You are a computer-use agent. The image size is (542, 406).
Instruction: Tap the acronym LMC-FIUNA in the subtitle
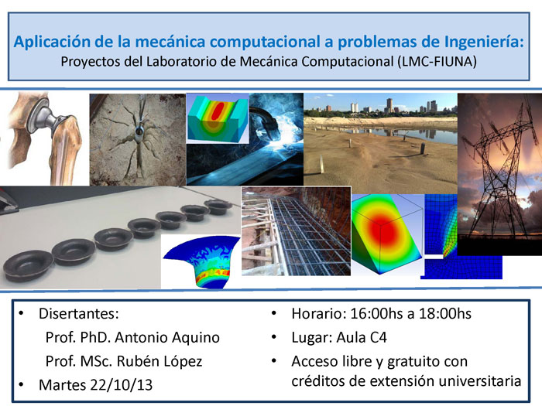tap(437, 61)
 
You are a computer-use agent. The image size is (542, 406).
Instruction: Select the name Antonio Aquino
tap(167, 337)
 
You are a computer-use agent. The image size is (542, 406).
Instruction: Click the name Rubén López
tap(160, 361)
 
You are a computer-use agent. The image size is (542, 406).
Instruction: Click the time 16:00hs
tap(376, 313)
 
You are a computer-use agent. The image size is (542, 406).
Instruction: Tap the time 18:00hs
tap(445, 313)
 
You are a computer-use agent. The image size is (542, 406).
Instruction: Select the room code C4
tap(379, 337)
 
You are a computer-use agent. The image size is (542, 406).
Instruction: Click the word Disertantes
tap(79, 313)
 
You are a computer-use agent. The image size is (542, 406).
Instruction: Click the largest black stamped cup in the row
tap(29, 266)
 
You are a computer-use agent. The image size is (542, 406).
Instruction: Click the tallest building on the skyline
tap(389, 105)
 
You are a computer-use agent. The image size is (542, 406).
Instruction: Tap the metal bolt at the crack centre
tap(139, 133)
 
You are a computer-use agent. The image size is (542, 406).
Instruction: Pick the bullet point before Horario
tap(274, 312)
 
